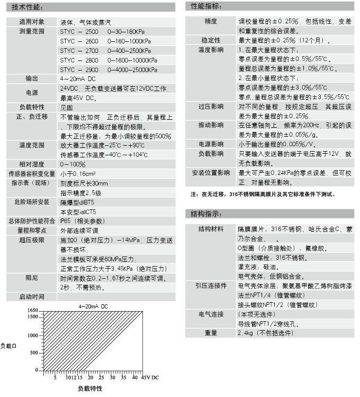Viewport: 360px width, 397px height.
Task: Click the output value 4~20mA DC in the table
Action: click(78, 78)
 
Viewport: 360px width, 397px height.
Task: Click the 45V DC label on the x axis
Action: click(150, 378)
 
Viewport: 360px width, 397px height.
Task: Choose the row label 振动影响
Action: click(210, 125)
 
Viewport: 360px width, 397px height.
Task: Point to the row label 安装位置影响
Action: click(210, 173)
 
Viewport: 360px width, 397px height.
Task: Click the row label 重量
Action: click(210, 333)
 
